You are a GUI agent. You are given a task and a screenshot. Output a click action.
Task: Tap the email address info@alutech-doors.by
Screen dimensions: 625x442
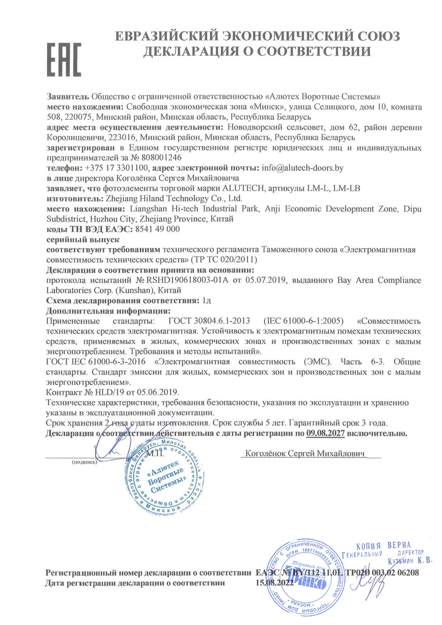coord(302,168)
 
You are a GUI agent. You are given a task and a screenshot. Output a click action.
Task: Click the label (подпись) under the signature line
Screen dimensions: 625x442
coord(84,461)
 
